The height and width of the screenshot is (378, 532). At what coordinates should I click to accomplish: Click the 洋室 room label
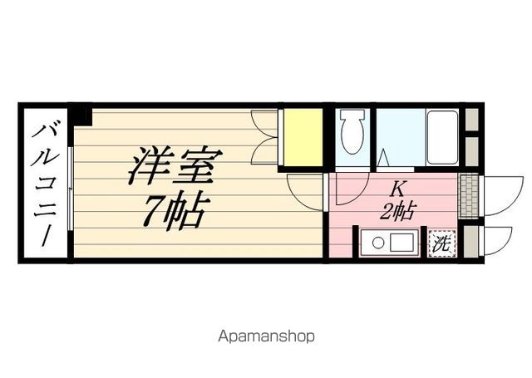click(x=171, y=166)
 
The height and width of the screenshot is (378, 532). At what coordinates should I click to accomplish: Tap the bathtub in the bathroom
click(x=442, y=137)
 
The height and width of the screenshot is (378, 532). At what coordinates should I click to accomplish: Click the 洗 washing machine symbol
click(x=441, y=244)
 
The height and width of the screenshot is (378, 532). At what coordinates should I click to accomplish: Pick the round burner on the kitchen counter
click(x=377, y=243)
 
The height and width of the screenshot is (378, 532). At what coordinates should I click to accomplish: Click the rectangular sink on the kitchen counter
click(x=402, y=243)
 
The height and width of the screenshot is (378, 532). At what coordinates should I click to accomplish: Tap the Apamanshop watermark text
click(x=266, y=337)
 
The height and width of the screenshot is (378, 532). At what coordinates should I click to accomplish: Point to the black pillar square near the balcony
click(x=81, y=114)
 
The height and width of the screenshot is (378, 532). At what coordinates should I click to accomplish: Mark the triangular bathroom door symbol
click(x=384, y=157)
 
